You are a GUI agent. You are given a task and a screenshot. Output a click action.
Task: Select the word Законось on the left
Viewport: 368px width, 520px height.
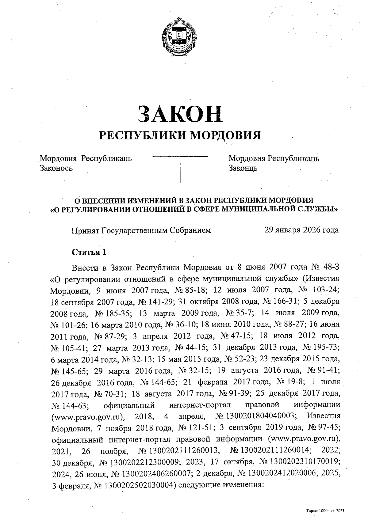click(56, 168)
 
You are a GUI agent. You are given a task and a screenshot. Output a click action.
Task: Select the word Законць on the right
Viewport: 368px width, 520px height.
click(243, 168)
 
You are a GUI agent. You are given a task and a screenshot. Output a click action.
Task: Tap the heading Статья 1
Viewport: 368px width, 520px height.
click(89, 252)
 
